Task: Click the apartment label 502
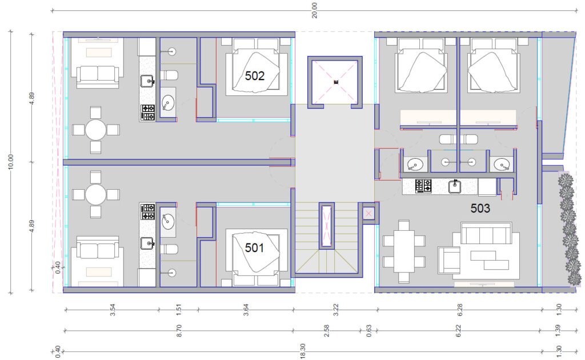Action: pyautogui.click(x=254, y=76)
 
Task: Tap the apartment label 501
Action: pyautogui.click(x=254, y=247)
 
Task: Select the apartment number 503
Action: pyautogui.click(x=480, y=208)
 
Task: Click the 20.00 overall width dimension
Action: pyautogui.click(x=315, y=10)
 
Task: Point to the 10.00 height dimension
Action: pyautogui.click(x=10, y=162)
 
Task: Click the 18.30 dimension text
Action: pyautogui.click(x=303, y=351)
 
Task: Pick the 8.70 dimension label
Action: pyautogui.click(x=179, y=330)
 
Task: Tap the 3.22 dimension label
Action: pyautogui.click(x=335, y=310)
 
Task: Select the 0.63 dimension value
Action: pyautogui.click(x=368, y=330)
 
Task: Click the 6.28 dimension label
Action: pyautogui.click(x=460, y=310)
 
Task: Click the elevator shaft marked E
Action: pyautogui.click(x=335, y=82)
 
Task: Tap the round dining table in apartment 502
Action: pyautogui.click(x=96, y=130)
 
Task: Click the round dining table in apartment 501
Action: pyautogui.click(x=96, y=194)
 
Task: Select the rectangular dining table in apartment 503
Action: pyautogui.click(x=404, y=251)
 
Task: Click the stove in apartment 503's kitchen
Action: pyautogui.click(x=423, y=186)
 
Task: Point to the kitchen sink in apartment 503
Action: pyautogui.click(x=454, y=186)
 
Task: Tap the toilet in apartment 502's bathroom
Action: pyautogui.click(x=169, y=75)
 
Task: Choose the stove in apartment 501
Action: pyautogui.click(x=148, y=212)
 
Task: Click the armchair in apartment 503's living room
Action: pyautogui.click(x=449, y=260)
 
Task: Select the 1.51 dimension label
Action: pyautogui.click(x=178, y=310)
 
